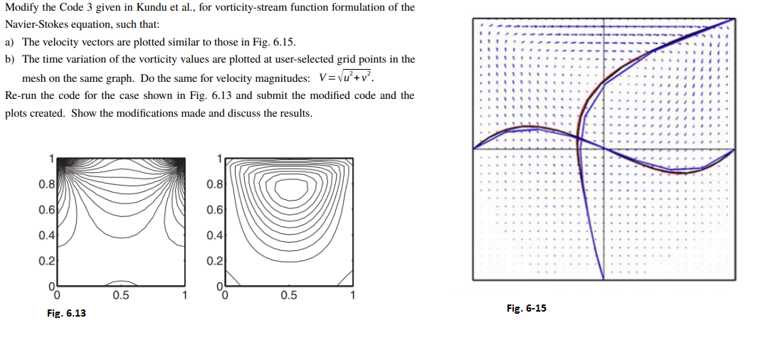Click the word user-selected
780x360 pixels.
(304, 60)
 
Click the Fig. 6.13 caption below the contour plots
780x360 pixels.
(66, 313)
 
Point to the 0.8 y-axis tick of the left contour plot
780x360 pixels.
(46, 184)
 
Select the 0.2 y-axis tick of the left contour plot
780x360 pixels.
(46, 260)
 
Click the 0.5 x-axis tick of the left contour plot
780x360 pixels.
(121, 295)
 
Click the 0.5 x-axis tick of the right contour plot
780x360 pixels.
(288, 295)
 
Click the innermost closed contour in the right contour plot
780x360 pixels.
(292, 189)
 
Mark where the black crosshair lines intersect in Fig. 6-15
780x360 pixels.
(604, 149)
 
